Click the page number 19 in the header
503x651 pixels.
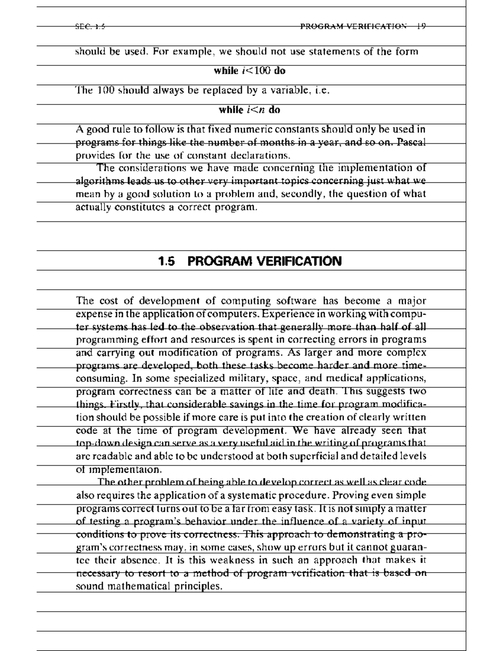pyautogui.click(x=421, y=26)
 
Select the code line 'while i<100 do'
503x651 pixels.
pyautogui.click(x=249, y=71)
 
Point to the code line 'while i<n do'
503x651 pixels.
pyautogui.click(x=249, y=110)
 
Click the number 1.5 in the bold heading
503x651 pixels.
pyautogui.click(x=166, y=262)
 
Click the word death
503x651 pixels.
pyautogui.click(x=322, y=392)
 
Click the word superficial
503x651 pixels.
pyautogui.click(x=311, y=456)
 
